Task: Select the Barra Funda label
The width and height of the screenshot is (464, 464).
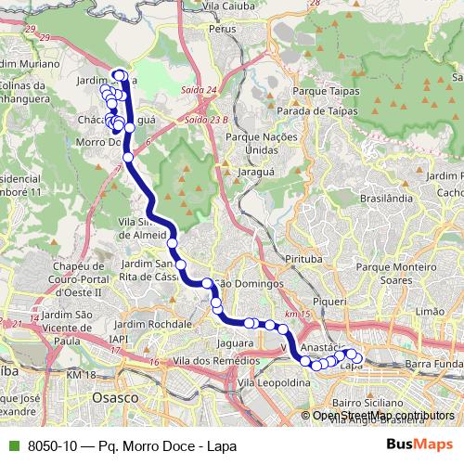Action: [433, 363]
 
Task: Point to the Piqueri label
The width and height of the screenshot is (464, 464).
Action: [330, 302]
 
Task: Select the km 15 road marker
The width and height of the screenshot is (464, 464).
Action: [297, 316]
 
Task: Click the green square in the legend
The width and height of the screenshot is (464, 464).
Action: [14, 445]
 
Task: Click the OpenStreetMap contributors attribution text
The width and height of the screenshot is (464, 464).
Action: [383, 416]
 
